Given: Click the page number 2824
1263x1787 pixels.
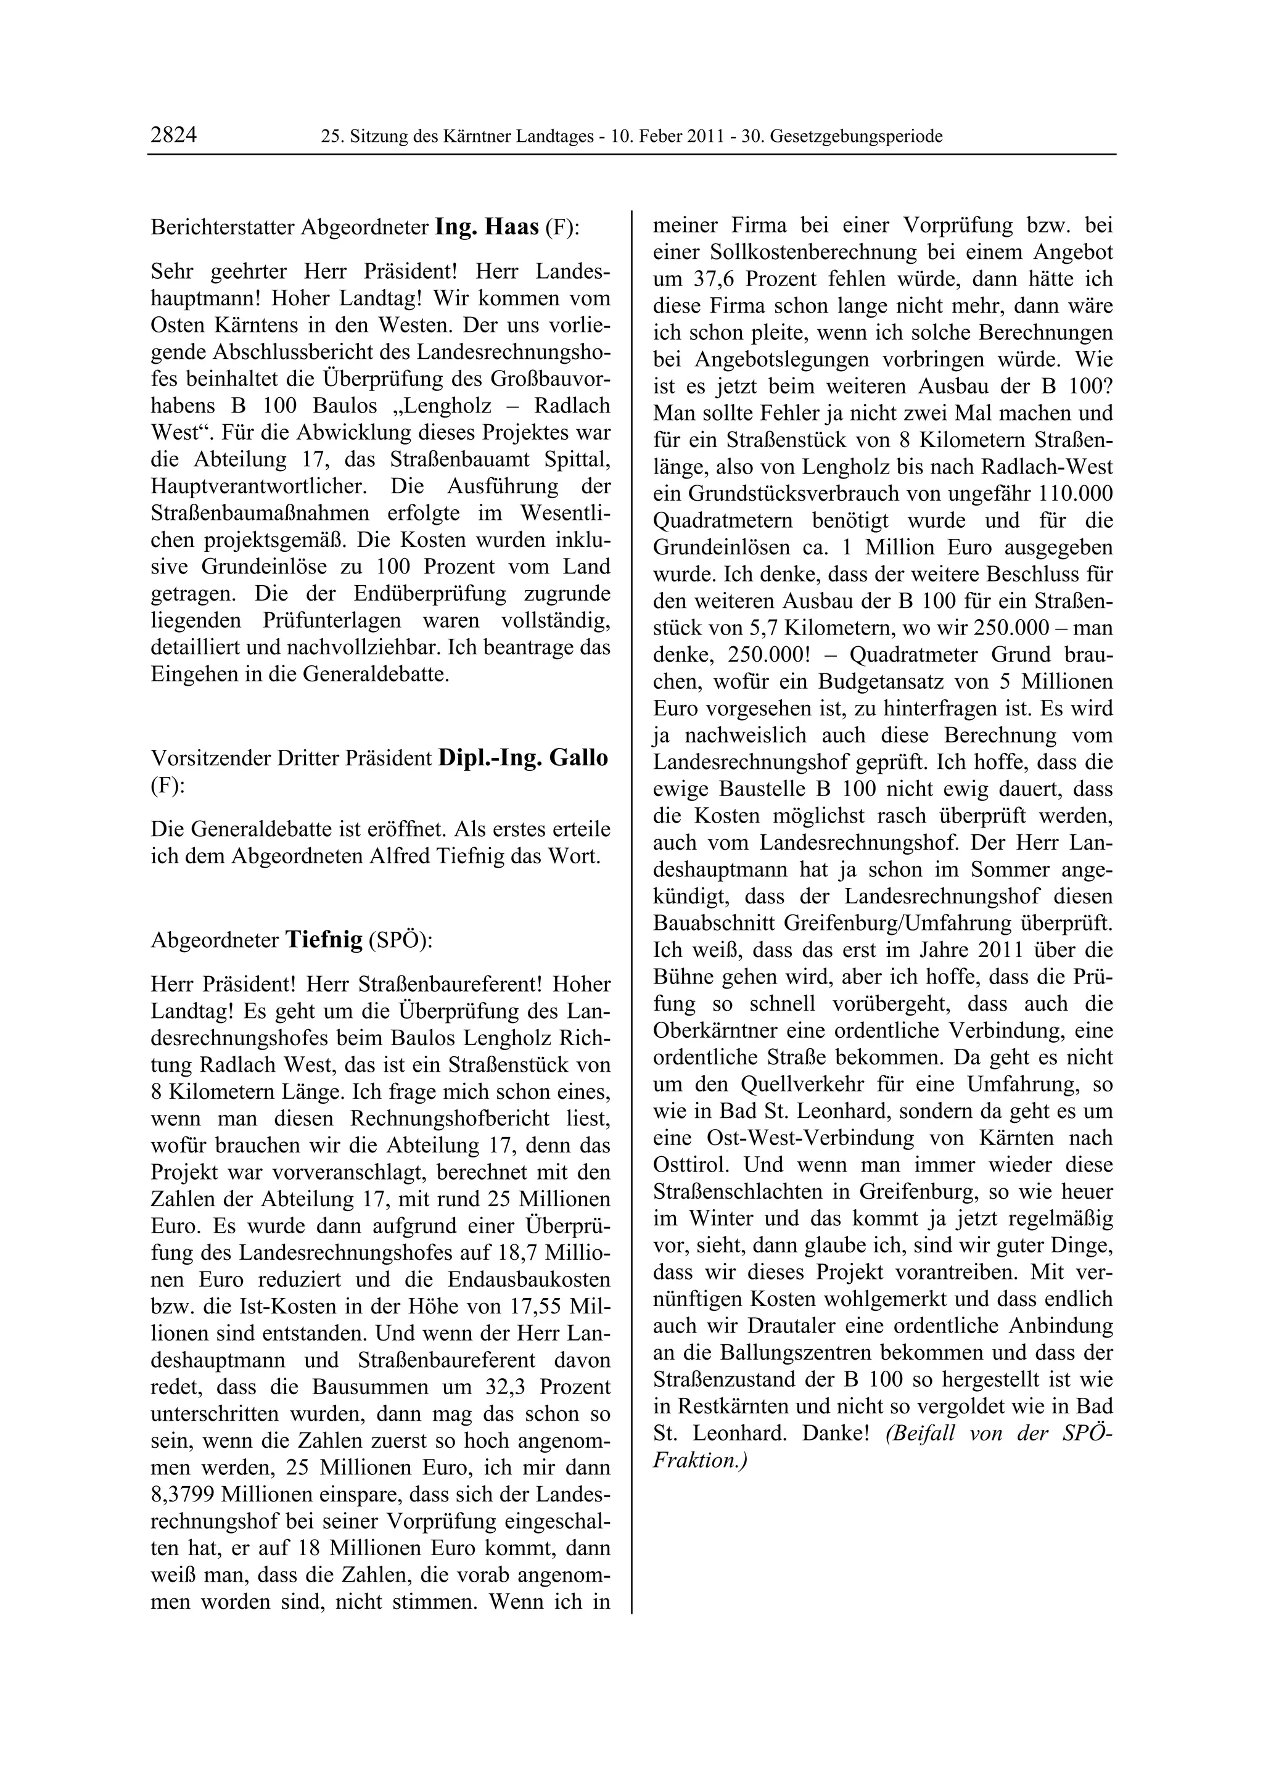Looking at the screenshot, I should click(x=173, y=136).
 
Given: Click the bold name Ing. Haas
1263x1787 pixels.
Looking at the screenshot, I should click(x=487, y=228).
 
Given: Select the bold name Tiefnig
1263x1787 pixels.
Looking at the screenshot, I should click(x=324, y=940).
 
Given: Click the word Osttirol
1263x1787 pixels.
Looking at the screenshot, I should click(x=693, y=1165).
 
